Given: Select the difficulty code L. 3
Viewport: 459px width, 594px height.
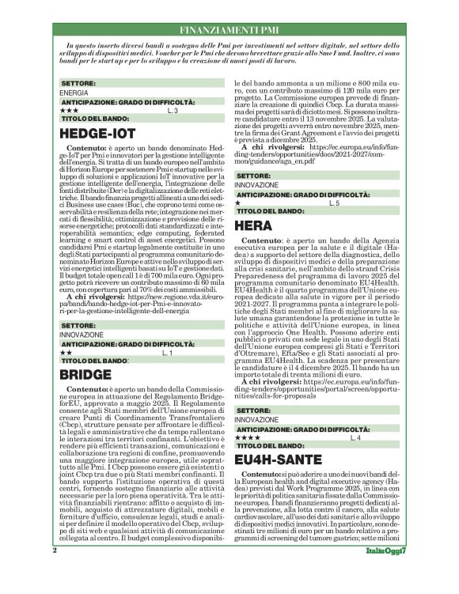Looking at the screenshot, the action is [x=173, y=111].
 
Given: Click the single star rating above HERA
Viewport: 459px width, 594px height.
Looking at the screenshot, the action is [x=239, y=203].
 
